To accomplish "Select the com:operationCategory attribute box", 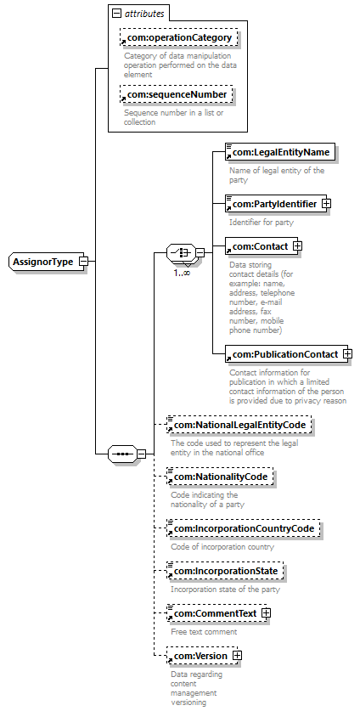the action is click(178, 37).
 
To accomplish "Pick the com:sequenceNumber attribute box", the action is click(176, 94).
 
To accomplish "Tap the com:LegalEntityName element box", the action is click(280, 152).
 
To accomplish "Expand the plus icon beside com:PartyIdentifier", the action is click(326, 204).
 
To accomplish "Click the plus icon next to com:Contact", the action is click(298, 246).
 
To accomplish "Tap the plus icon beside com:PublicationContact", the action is click(348, 354).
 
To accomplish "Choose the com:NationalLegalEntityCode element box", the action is click(239, 425).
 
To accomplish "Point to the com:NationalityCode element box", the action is click(220, 477).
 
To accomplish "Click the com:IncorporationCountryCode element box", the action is click(243, 528).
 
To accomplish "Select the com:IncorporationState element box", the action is click(225, 571).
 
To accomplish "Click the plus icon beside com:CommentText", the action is click(266, 613).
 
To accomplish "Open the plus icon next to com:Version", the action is click(237, 656).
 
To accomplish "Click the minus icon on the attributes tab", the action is click(116, 13).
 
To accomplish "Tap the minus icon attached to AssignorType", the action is click(84, 262).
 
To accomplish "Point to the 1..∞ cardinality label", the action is click(182, 273).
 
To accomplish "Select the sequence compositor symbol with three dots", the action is click(121, 454).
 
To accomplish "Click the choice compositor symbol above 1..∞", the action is click(182, 253).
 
